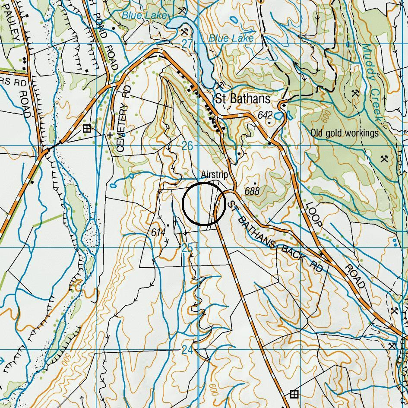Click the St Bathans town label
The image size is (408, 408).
tap(243, 99)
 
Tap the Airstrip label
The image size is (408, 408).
tap(214, 175)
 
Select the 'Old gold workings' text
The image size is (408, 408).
tap(344, 133)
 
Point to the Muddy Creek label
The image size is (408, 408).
tap(372, 82)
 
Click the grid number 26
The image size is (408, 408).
tap(187, 146)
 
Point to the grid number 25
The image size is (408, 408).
tap(187, 248)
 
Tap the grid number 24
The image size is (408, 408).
tap(187, 350)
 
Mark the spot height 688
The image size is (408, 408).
tap(252, 190)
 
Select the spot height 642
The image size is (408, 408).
tap(265, 115)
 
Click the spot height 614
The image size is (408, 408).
tap(158, 232)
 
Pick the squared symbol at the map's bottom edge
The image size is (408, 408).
tap(294, 394)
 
